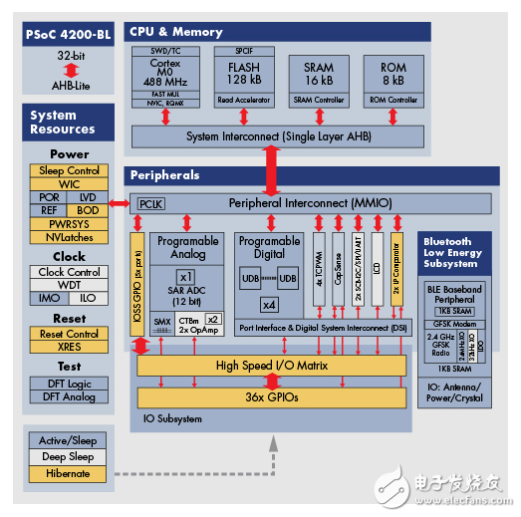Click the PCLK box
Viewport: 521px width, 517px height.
(150, 203)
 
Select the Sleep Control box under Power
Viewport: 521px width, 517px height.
(70, 170)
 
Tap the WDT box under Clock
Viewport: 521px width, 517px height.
(70, 284)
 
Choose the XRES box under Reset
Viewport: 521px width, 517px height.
(70, 347)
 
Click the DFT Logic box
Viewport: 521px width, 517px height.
(70, 385)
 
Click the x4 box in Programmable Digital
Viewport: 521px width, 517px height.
(268, 305)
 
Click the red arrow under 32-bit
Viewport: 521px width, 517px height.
(69, 72)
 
